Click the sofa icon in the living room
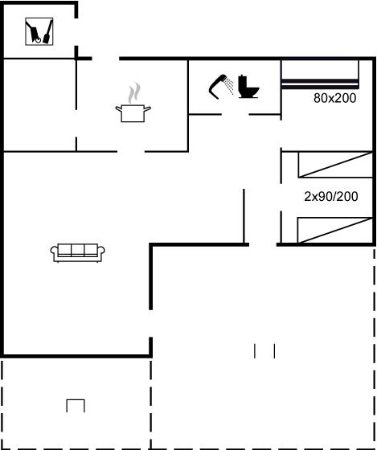(77, 253)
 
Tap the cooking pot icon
(133, 113)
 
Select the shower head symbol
(217, 87)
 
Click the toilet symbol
(248, 87)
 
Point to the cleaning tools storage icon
(39, 31)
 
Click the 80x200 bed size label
(334, 98)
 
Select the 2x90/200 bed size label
(331, 197)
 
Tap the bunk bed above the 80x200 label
(320, 74)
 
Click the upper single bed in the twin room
(335, 165)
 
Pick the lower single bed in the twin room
(334, 230)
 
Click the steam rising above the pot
(134, 93)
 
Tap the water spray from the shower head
(229, 85)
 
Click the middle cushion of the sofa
(77, 249)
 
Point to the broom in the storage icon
(48, 31)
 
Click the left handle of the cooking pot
(119, 108)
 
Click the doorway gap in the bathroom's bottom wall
(235, 114)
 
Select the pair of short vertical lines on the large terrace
(264, 351)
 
